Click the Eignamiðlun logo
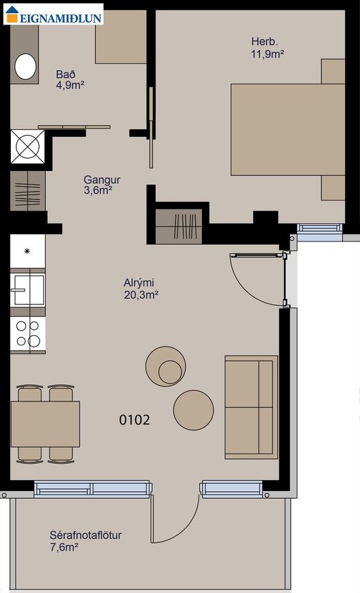pos(53,14)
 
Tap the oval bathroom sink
pos(25,66)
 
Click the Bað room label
pos(66,74)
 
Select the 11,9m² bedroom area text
pos(268,54)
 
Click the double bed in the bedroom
pos(287,129)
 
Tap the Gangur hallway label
pos(102,179)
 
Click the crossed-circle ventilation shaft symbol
pos(27,147)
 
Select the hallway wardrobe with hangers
pos(27,191)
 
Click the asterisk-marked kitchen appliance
pos(27,251)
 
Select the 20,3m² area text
pos(141,295)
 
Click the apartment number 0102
pos(134,420)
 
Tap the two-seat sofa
pos(251,407)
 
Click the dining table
pos(45,424)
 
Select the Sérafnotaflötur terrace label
pos(86,536)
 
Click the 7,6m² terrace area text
pos(64,547)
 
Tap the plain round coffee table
pos(194,410)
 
